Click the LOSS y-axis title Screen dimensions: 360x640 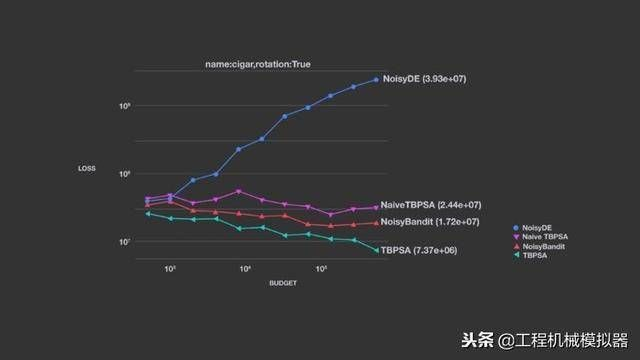coord(87,168)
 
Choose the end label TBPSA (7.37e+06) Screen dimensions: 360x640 coord(418,250)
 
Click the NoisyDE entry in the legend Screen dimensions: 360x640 coord(538,229)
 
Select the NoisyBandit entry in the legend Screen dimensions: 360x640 coord(541,247)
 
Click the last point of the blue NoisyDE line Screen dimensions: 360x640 coord(376,79)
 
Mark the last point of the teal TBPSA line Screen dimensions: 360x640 coord(376,250)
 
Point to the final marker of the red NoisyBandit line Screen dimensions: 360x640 coord(376,222)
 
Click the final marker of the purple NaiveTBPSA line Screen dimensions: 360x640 coord(376,207)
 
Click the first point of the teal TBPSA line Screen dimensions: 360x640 coord(147,213)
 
